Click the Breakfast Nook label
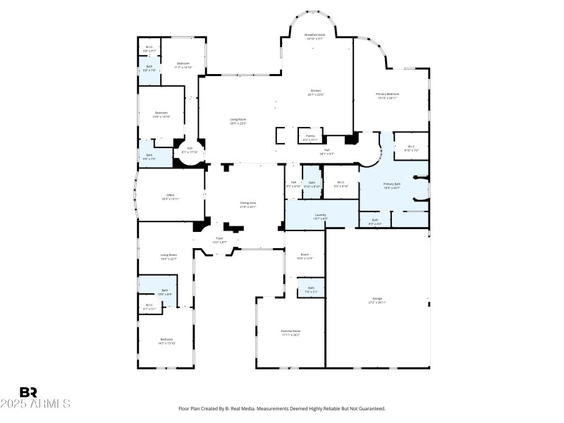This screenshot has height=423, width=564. point(315,35)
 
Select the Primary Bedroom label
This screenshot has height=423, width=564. point(387,94)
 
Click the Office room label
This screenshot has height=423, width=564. point(170,195)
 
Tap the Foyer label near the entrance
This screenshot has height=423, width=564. point(219,239)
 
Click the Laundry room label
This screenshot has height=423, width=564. point(320,215)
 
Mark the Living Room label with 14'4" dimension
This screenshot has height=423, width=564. point(168,255)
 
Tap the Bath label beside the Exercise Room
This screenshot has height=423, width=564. point(310,288)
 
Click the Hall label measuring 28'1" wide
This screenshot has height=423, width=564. point(327,150)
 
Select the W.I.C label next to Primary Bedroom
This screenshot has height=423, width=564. point(411,147)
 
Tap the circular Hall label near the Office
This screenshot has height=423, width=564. point(190,149)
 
